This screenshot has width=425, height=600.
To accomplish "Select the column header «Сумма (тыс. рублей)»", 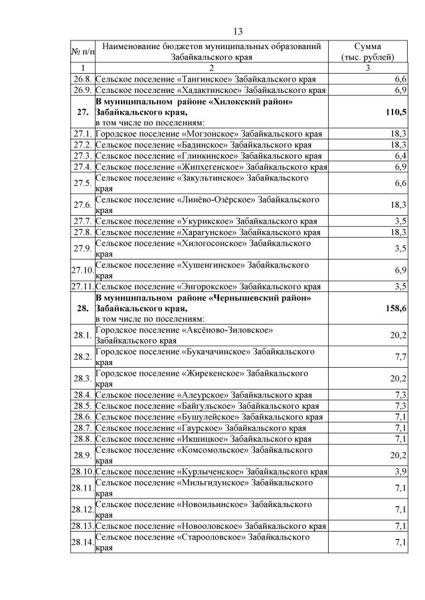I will coord(367,52).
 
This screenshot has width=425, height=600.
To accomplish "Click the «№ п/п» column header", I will coord(83,52).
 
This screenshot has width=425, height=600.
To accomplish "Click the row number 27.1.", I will coord(83,134).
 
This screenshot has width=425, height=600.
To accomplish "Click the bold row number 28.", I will coord(83,308).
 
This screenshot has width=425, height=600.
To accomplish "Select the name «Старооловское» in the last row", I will coord(211,536).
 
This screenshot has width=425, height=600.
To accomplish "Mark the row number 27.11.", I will coord(83,286).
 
